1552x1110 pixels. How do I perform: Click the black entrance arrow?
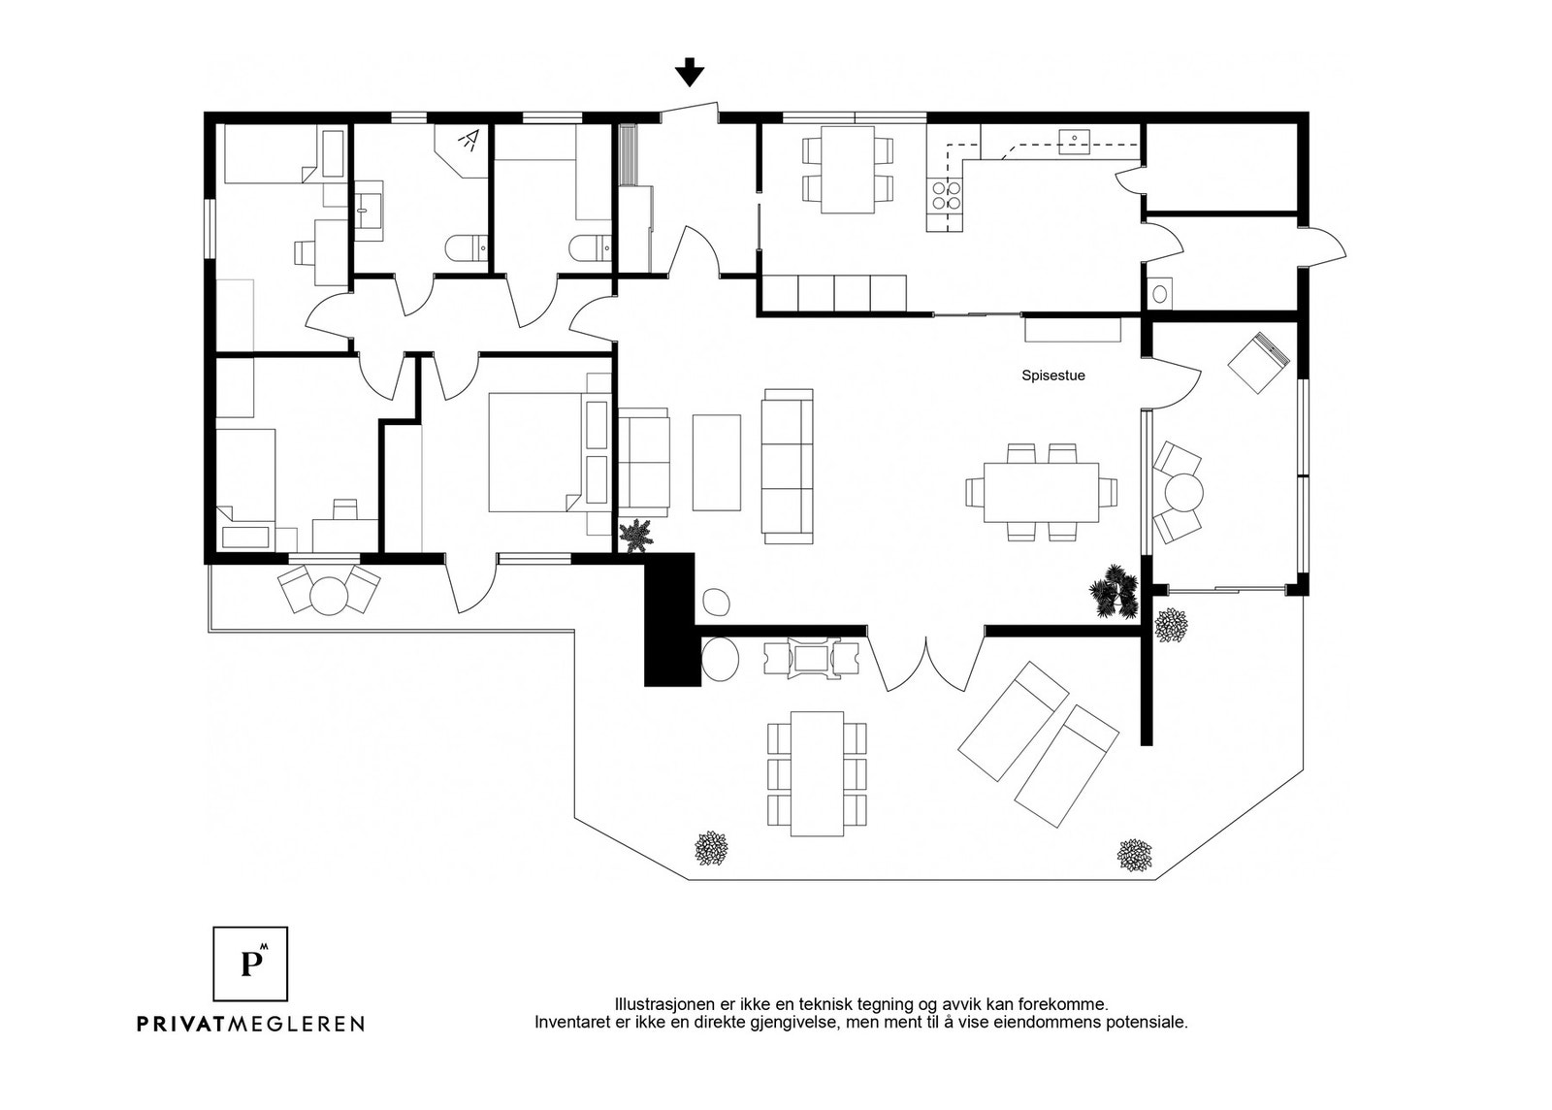[x=690, y=72]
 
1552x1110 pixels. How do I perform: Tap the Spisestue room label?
[x=1053, y=375]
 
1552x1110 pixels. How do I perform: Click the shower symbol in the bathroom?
[x=469, y=140]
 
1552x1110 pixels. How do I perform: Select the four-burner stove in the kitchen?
[x=946, y=195]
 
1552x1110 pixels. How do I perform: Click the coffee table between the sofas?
[x=717, y=463]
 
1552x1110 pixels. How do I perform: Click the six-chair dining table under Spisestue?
[x=1042, y=492]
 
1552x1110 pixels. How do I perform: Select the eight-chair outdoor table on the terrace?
[x=818, y=774]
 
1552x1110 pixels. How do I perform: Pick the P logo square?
[x=250, y=963]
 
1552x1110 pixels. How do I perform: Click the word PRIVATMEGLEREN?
[x=250, y=1024]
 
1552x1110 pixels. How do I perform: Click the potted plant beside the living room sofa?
[x=636, y=536]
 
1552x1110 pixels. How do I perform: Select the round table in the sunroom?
[x=1184, y=493]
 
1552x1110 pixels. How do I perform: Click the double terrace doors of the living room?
[x=926, y=663]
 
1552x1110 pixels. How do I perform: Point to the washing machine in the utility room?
[x=1159, y=294]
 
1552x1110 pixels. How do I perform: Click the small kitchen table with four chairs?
[x=848, y=170]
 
